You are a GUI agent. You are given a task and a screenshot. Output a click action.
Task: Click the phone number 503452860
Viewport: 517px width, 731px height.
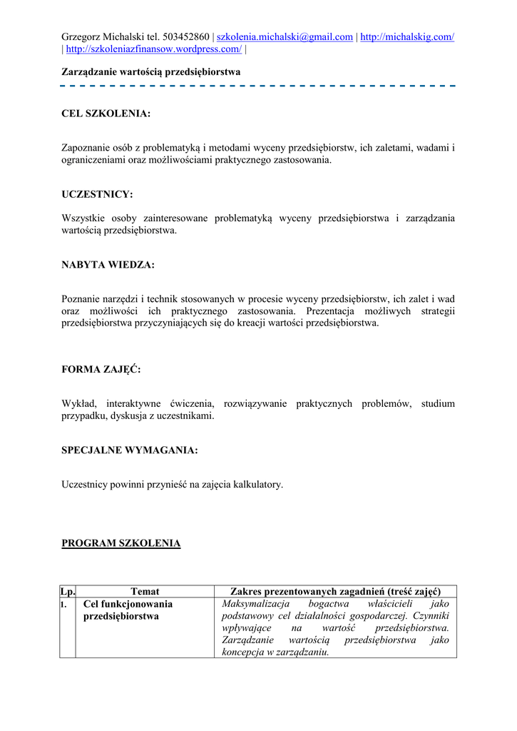pos(186,37)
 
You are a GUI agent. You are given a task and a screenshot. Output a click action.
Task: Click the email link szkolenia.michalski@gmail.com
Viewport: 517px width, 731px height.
pos(285,37)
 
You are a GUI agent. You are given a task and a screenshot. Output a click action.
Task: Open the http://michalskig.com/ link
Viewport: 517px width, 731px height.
pos(407,37)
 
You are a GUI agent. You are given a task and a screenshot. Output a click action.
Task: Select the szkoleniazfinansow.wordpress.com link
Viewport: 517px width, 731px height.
pos(154,49)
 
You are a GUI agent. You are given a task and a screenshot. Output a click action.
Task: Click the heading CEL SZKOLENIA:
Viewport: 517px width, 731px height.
pos(106,114)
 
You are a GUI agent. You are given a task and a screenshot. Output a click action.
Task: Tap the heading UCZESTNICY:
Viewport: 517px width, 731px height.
pos(98,194)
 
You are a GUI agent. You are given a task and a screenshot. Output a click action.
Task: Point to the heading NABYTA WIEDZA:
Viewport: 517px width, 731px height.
pos(108,265)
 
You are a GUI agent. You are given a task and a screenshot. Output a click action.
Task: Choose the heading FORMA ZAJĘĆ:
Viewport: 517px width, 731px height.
pos(101,370)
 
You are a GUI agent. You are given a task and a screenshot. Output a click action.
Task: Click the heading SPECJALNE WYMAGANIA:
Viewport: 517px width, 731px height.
pos(130,450)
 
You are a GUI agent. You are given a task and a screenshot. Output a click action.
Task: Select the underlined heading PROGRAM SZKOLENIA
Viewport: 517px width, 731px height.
pos(121,543)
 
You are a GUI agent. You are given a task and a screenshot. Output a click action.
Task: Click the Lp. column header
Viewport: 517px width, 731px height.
pos(68,592)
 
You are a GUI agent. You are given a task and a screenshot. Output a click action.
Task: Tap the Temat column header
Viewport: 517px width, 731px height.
pos(145,592)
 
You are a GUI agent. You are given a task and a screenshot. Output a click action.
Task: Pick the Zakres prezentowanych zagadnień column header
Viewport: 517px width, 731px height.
pos(335,592)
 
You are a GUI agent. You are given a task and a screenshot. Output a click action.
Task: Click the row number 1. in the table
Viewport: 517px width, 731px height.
pos(65,604)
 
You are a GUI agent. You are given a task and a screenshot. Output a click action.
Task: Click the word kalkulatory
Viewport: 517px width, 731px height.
pos(259,485)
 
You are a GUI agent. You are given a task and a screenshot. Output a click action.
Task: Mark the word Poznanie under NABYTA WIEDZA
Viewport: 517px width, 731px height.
pos(81,299)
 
